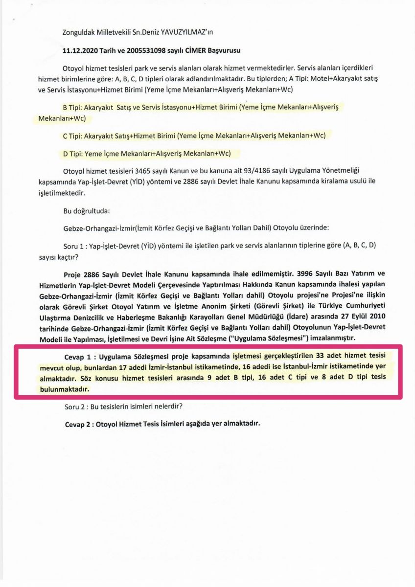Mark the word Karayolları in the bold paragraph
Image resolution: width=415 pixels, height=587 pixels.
coord(209,316)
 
